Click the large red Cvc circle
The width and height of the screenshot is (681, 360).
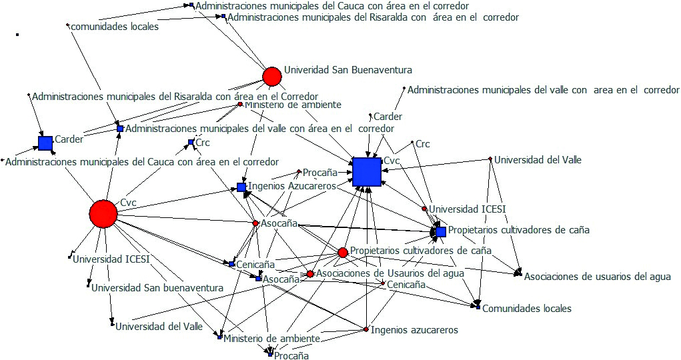103,213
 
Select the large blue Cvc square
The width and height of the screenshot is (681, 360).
366,172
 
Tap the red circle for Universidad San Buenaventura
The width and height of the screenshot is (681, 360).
271,77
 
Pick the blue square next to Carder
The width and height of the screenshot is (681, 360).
45,143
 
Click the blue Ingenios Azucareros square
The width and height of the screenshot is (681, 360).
241,187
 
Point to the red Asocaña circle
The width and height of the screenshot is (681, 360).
255,223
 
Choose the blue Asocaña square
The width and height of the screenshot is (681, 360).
258,278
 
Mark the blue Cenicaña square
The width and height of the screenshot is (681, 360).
231,264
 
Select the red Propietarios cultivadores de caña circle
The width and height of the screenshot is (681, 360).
343,252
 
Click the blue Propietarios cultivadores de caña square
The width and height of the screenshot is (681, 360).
441,231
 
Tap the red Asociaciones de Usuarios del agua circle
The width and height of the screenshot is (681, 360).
310,274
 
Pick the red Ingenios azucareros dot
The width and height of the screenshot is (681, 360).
366,329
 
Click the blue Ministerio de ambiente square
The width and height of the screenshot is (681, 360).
219,337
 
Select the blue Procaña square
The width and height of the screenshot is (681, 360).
269,355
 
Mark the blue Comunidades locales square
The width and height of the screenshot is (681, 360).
478,307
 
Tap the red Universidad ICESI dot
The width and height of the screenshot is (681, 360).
424,209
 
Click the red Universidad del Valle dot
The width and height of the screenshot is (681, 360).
490,159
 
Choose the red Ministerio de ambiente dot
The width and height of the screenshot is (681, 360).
240,104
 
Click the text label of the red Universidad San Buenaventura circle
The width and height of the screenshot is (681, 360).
348,69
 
